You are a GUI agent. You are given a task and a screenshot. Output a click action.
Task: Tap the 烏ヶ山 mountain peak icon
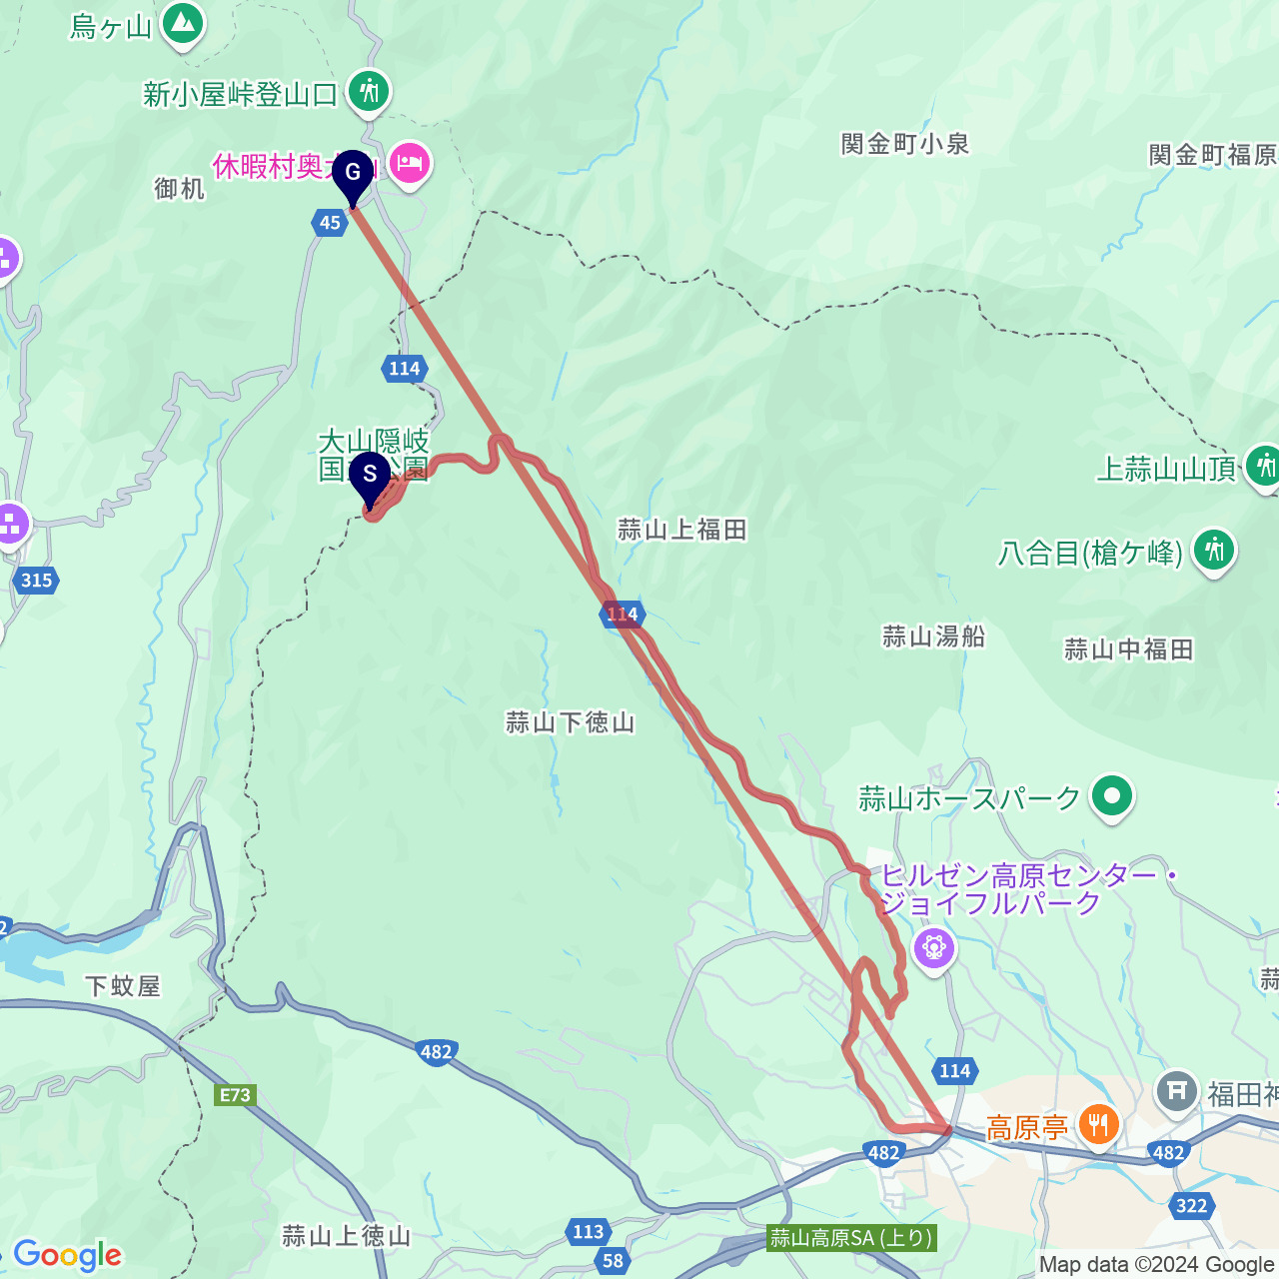tap(182, 22)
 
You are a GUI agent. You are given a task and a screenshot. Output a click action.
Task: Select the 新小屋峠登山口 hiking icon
tap(369, 91)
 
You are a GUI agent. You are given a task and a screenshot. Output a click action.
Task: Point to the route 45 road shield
tap(330, 222)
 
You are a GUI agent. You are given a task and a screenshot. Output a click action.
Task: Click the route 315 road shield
tap(36, 580)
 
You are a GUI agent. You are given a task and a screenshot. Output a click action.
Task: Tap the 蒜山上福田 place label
tap(681, 530)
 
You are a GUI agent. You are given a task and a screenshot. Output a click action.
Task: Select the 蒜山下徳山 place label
tap(570, 722)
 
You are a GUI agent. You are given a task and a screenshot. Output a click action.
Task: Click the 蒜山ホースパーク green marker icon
tap(1112, 796)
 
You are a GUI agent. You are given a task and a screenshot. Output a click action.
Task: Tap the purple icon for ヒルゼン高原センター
tap(934, 945)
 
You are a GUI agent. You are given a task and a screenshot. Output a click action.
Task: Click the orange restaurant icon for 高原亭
tap(1098, 1125)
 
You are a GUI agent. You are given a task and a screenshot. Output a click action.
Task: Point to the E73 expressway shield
tap(236, 1095)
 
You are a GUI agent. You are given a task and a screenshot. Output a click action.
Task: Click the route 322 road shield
tap(1191, 1205)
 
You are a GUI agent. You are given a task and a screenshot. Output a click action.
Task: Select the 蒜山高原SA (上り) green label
tap(852, 1238)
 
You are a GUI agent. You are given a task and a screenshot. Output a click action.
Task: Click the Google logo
tap(67, 1255)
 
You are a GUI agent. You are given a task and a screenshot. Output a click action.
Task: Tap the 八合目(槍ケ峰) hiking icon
tap(1214, 549)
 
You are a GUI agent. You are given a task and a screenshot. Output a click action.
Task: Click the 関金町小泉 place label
tap(905, 144)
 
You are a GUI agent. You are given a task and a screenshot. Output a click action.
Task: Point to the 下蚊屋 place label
tap(122, 986)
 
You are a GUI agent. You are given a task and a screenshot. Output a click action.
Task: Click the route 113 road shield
tap(589, 1231)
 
